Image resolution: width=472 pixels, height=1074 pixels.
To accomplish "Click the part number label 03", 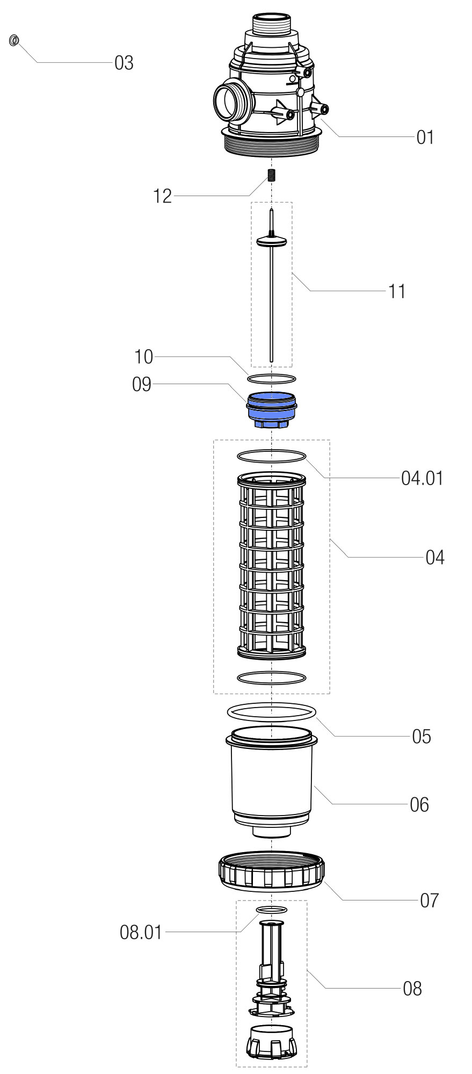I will point(124,63).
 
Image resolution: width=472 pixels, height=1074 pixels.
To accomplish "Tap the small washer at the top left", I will point(14,40).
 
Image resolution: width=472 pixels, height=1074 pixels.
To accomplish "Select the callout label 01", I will point(425,138).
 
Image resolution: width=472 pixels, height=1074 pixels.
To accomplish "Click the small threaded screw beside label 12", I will point(272,175).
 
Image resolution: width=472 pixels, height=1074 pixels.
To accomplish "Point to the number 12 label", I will point(162,197).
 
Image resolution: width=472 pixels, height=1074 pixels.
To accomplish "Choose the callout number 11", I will point(397,292).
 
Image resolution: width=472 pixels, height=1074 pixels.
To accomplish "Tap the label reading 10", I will point(143,357).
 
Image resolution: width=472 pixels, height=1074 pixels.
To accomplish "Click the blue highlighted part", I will point(271,409).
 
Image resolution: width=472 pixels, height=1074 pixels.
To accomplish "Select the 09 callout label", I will point(142,385).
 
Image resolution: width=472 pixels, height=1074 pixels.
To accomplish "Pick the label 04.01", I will point(422,478).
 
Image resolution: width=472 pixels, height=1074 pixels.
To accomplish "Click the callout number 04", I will point(435,558).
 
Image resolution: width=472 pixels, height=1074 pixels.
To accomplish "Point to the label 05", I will point(422,737).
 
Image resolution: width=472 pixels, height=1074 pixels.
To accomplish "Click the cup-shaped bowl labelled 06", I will point(271,779).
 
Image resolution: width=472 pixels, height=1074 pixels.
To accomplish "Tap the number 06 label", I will point(419,805).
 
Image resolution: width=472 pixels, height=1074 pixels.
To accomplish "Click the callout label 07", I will point(429,900).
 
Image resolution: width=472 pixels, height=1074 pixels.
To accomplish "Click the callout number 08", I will point(412,989).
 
